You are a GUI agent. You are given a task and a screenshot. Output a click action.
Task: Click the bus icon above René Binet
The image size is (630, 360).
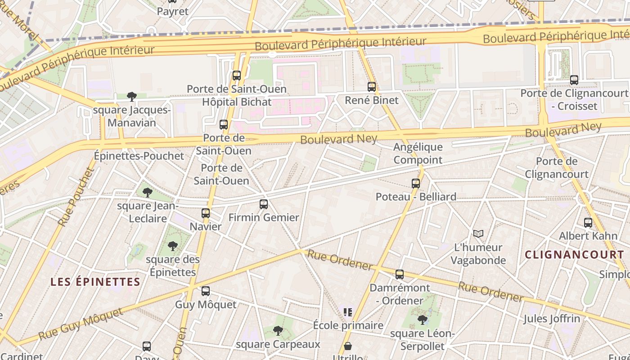click(372, 87)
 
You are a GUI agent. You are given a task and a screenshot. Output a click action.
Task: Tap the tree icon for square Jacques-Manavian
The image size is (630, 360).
click(132, 96)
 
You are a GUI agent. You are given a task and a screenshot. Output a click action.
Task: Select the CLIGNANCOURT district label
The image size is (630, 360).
click(574, 255)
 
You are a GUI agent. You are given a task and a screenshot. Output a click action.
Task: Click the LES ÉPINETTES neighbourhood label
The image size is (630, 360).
click(95, 282)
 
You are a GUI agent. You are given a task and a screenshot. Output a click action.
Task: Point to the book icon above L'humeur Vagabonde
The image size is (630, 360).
click(478, 234)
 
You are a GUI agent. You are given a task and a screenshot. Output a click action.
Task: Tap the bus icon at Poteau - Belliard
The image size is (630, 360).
click(416, 184)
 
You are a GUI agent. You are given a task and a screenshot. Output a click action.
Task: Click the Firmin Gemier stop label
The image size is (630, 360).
click(264, 217)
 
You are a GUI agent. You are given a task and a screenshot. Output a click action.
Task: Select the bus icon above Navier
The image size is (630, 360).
click(206, 213)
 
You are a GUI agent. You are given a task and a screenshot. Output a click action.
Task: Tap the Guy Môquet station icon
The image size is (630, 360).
click(206, 291)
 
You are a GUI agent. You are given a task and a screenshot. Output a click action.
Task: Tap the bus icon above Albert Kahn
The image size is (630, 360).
click(588, 223)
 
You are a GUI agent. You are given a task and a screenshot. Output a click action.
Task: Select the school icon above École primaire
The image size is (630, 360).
click(347, 312)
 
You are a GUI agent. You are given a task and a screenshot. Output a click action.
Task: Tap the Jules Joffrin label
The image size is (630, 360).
click(551, 319)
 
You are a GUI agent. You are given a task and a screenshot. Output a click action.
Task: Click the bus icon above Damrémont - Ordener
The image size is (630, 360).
click(400, 274)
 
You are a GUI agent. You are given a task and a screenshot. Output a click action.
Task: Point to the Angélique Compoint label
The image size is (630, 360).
click(418, 153)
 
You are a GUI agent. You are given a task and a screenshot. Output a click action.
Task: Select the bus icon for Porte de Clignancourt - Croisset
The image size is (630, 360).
click(574, 80)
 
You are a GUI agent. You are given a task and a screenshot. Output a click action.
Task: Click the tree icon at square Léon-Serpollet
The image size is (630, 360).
click(422, 320)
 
